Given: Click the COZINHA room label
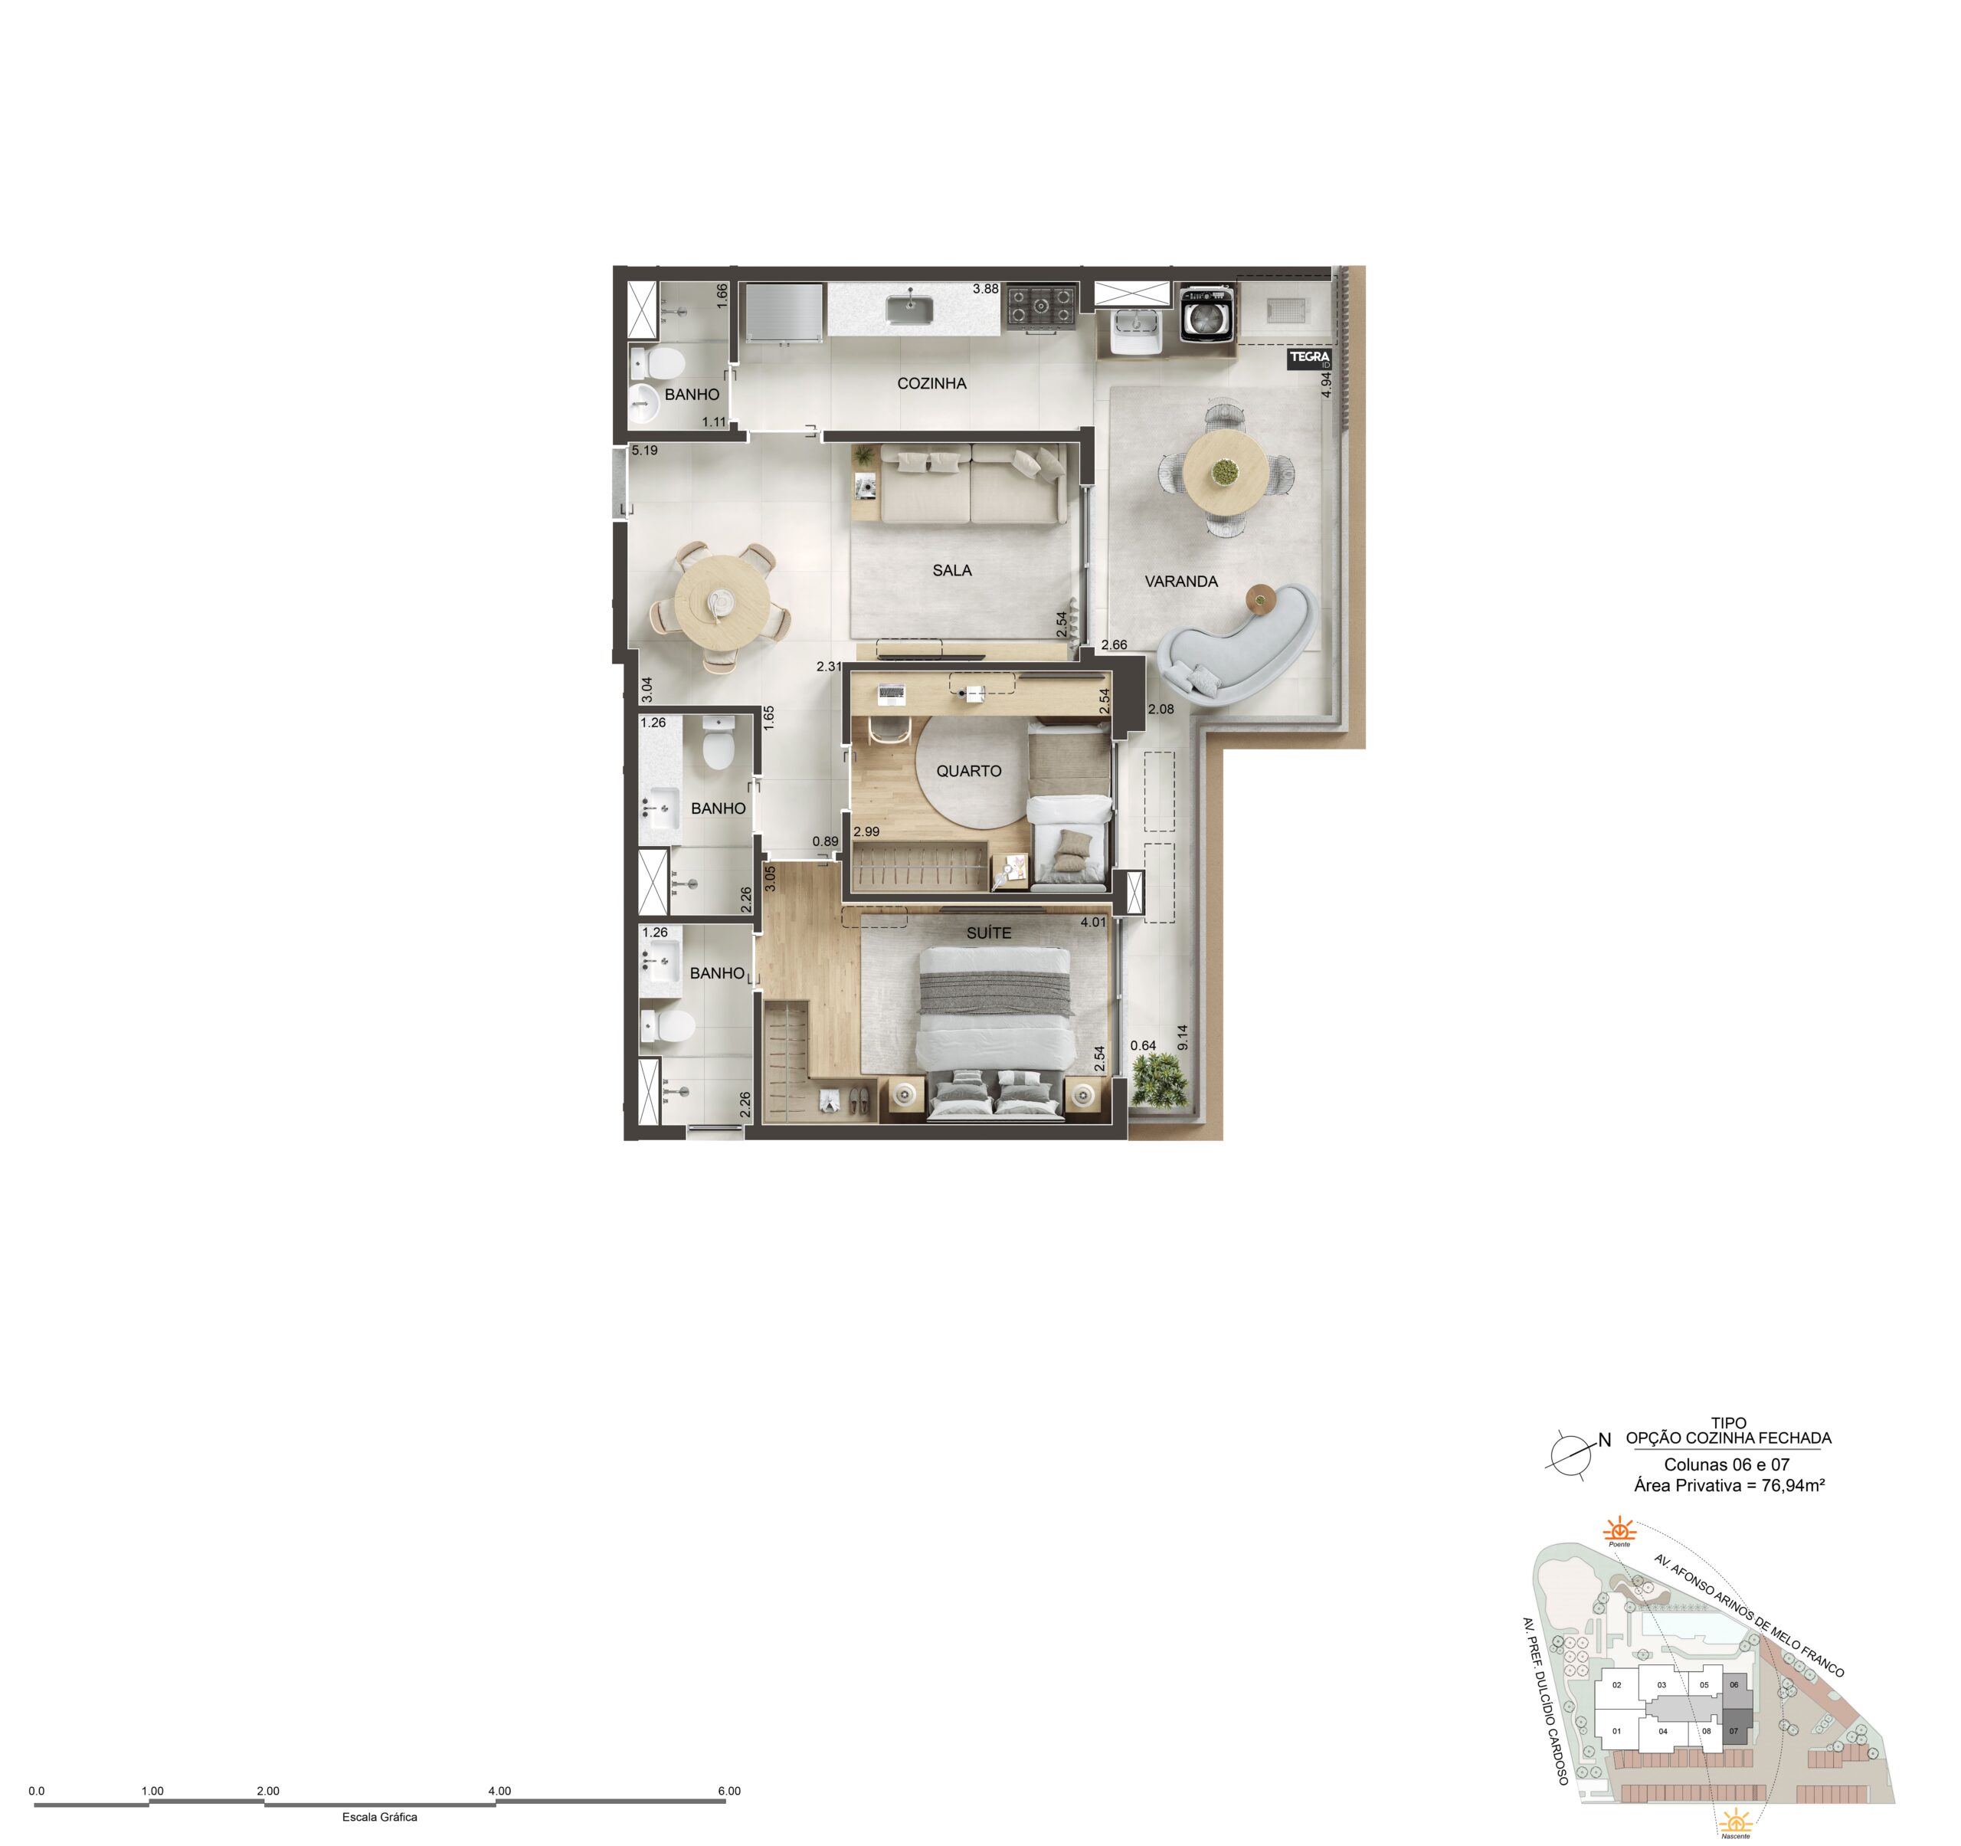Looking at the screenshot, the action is click(931, 384).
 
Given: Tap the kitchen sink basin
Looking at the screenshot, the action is click(909, 309).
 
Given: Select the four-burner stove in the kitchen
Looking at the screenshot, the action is click(1041, 306).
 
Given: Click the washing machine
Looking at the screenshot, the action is click(1207, 313).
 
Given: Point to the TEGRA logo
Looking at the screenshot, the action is click(1310, 359).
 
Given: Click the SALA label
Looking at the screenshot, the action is click(952, 570).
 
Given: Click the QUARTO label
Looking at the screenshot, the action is click(969, 772).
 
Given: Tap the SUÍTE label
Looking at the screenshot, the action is click(988, 933).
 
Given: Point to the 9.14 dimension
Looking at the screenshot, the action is click(1183, 1037).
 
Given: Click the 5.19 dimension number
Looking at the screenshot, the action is click(644, 451).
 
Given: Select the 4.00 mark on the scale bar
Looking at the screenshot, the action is click(499, 1791).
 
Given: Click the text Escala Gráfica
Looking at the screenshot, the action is click(380, 1816).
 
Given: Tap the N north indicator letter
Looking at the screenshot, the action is click(1604, 1441).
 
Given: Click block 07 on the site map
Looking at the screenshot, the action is click(1733, 1730).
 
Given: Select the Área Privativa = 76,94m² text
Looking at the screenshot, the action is click(1728, 1485).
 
